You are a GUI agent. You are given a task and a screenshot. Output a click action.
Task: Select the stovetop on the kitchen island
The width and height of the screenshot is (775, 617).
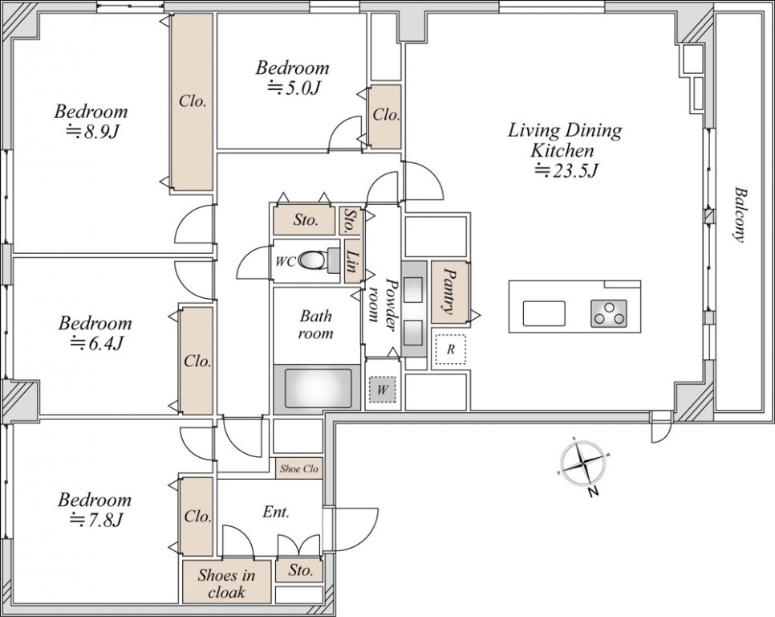pos(608,313)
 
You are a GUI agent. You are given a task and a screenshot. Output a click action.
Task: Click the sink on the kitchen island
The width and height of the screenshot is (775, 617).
pos(544,313)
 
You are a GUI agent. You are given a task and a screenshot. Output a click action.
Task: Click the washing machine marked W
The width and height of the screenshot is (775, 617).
pos(382,390)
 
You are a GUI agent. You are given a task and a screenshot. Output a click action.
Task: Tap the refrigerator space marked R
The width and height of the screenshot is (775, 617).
pos(450,349)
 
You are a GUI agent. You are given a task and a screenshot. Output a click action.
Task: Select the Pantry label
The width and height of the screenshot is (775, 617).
pos(449,292)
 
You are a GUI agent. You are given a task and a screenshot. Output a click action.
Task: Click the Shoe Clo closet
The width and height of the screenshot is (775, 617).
pos(299,468)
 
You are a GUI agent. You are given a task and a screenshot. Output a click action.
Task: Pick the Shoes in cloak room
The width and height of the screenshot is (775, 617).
pos(227,582)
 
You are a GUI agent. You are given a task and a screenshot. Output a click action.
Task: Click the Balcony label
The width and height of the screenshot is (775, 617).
pos(740,214)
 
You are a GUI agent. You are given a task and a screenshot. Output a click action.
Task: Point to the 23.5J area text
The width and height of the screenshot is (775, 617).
pos(567,171)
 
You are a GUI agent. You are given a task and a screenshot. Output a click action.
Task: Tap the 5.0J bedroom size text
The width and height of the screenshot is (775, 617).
pos(294,88)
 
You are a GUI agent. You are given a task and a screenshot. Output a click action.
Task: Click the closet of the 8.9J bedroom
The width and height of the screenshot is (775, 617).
pos(192,102)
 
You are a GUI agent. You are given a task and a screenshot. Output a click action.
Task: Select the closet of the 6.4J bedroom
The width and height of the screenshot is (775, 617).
pos(197,361)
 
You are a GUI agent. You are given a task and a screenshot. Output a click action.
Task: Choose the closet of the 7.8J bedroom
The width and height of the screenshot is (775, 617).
pos(197,516)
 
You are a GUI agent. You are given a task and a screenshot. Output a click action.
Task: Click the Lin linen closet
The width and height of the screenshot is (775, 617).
pos(353,261)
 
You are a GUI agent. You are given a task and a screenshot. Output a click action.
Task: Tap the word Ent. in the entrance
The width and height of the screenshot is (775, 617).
pos(276,512)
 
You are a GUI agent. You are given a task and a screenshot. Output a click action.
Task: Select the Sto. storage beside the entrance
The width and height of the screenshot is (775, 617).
pos(299,570)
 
